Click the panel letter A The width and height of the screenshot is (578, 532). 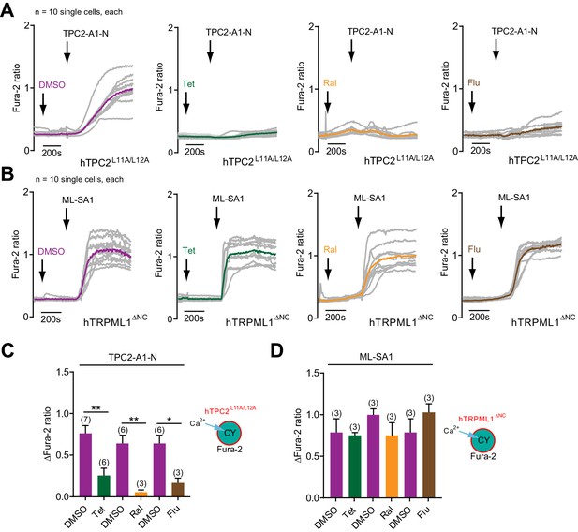point(7,10)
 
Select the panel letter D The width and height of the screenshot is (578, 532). point(278,350)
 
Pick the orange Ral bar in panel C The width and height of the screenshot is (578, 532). point(141,495)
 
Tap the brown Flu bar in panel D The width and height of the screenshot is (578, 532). point(429,455)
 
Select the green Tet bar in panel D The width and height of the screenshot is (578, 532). point(355,466)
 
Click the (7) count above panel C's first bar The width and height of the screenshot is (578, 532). point(85,420)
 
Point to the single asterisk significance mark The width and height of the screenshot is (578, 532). point(169,420)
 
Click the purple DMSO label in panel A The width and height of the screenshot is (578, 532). point(52,85)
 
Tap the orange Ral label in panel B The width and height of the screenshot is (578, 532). point(330,249)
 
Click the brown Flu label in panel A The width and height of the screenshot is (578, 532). point(474,82)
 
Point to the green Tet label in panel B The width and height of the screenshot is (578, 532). point(188,251)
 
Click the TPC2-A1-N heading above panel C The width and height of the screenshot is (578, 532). point(132,357)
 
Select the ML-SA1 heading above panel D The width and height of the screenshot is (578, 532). point(376,357)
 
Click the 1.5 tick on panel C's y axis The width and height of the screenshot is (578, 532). point(64,372)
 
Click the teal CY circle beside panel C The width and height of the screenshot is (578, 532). point(229,433)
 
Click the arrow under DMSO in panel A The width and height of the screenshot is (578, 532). point(43,104)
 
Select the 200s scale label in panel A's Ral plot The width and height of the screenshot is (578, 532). point(335,151)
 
